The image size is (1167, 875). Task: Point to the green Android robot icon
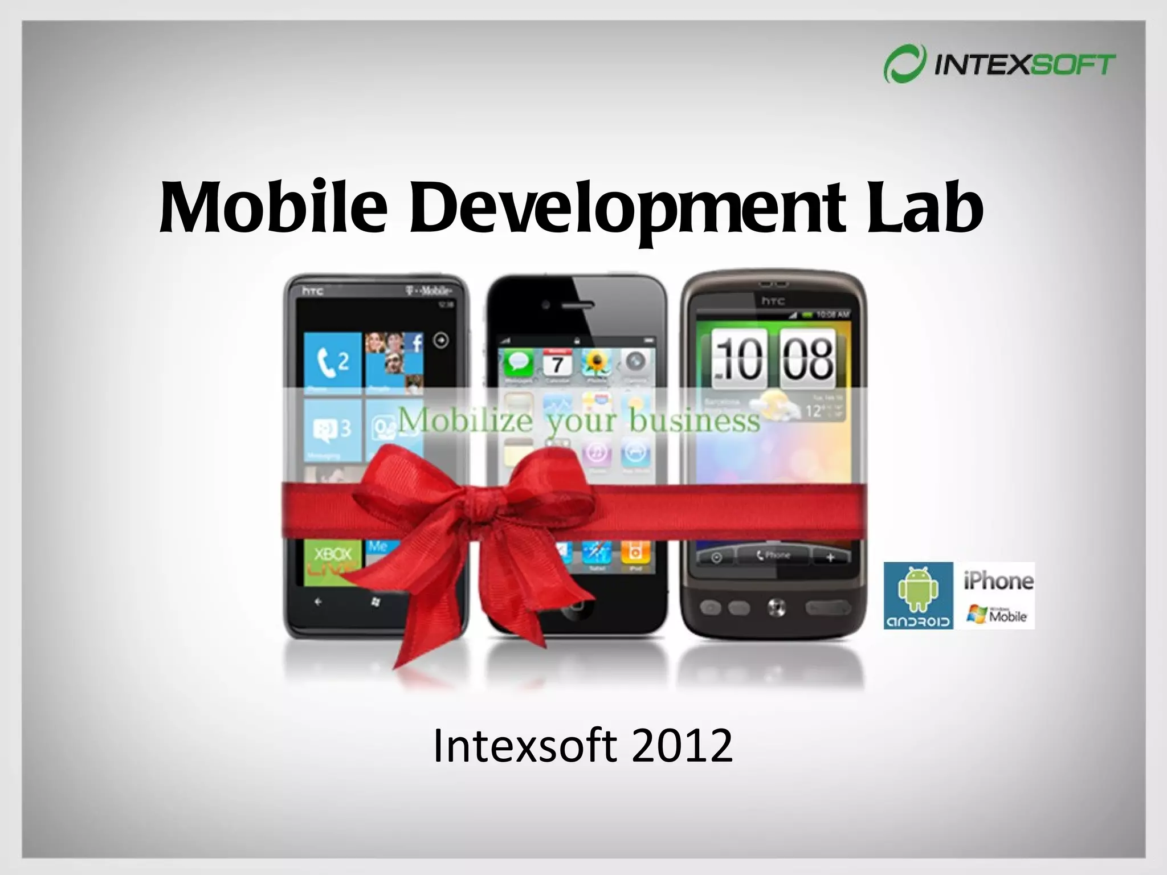(918, 590)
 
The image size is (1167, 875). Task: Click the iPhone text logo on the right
(998, 581)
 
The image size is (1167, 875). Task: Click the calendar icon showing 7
(557, 363)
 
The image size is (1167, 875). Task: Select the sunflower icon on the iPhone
(597, 363)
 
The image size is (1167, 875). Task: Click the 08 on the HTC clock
(807, 359)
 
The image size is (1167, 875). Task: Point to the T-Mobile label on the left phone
(429, 291)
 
